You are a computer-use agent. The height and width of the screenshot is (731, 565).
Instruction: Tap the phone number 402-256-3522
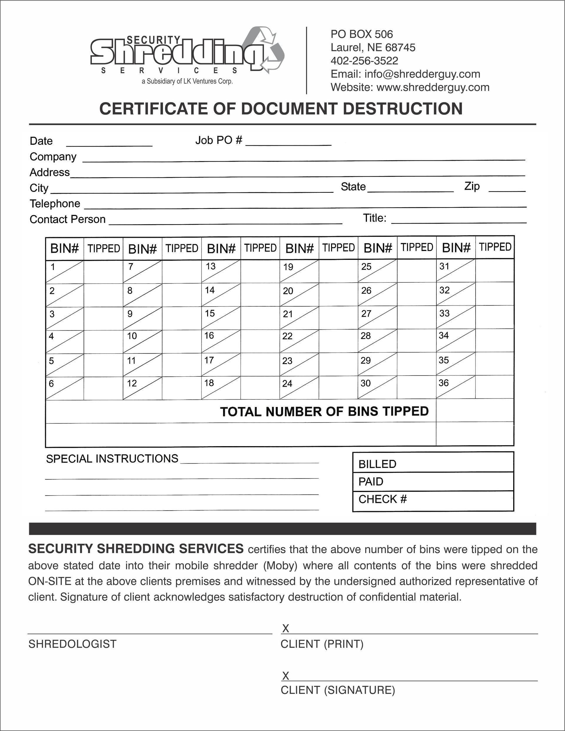tap(364, 61)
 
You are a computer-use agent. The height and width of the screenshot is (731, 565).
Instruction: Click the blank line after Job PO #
tap(288, 143)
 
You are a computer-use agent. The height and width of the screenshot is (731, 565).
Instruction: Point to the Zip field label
tap(472, 186)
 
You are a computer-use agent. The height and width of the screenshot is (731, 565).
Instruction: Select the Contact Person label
tap(67, 219)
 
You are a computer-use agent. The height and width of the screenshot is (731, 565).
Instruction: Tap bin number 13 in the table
tap(210, 266)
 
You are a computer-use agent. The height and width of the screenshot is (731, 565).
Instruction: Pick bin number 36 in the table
tap(443, 383)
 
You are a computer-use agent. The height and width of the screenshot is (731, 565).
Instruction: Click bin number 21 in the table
tap(288, 314)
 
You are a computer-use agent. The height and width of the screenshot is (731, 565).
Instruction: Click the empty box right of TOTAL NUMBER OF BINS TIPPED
tap(475, 410)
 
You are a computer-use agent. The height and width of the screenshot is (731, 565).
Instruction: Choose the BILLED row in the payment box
tap(433, 464)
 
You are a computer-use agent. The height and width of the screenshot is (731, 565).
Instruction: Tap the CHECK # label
tap(383, 499)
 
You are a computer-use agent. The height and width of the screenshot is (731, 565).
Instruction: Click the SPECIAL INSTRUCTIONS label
tap(112, 458)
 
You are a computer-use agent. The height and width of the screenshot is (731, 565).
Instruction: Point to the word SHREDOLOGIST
tap(72, 644)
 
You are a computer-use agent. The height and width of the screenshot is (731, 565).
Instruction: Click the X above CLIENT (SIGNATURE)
tap(285, 676)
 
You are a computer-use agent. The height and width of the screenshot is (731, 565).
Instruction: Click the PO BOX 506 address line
tap(361, 34)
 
